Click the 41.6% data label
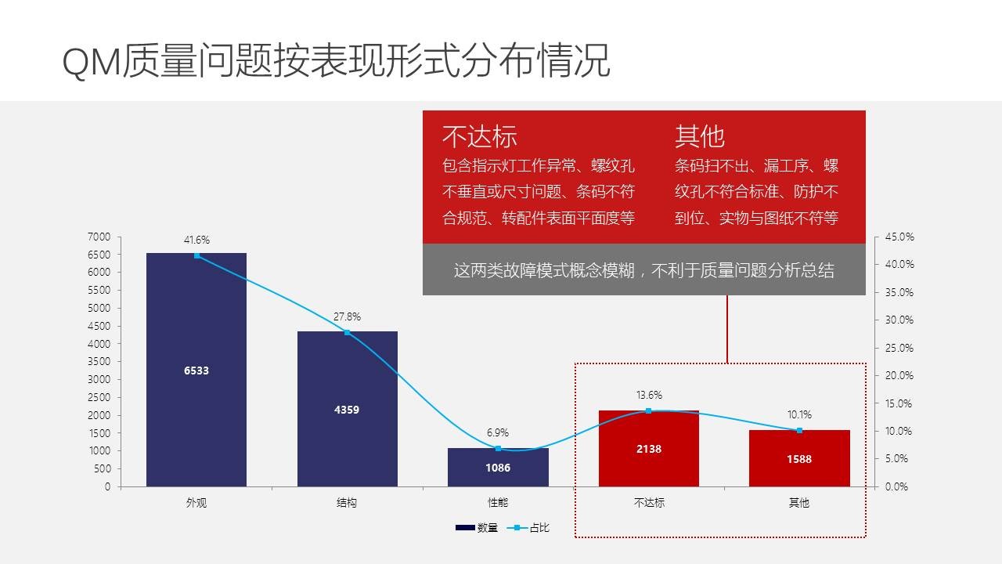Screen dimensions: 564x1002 (196, 240)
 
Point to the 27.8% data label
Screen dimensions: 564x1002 (347, 316)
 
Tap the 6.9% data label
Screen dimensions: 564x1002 (498, 432)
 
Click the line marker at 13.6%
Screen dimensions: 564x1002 (648, 410)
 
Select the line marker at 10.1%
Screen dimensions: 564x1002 (799, 430)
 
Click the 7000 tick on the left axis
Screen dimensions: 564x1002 (99, 237)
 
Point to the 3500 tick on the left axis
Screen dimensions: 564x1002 (99, 361)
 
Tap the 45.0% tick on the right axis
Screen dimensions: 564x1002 (899, 237)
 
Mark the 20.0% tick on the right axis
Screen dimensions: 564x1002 (899, 375)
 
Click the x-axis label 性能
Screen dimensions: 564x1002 (498, 503)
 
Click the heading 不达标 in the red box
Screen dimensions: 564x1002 (479, 136)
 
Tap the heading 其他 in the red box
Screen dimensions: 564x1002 (700, 136)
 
